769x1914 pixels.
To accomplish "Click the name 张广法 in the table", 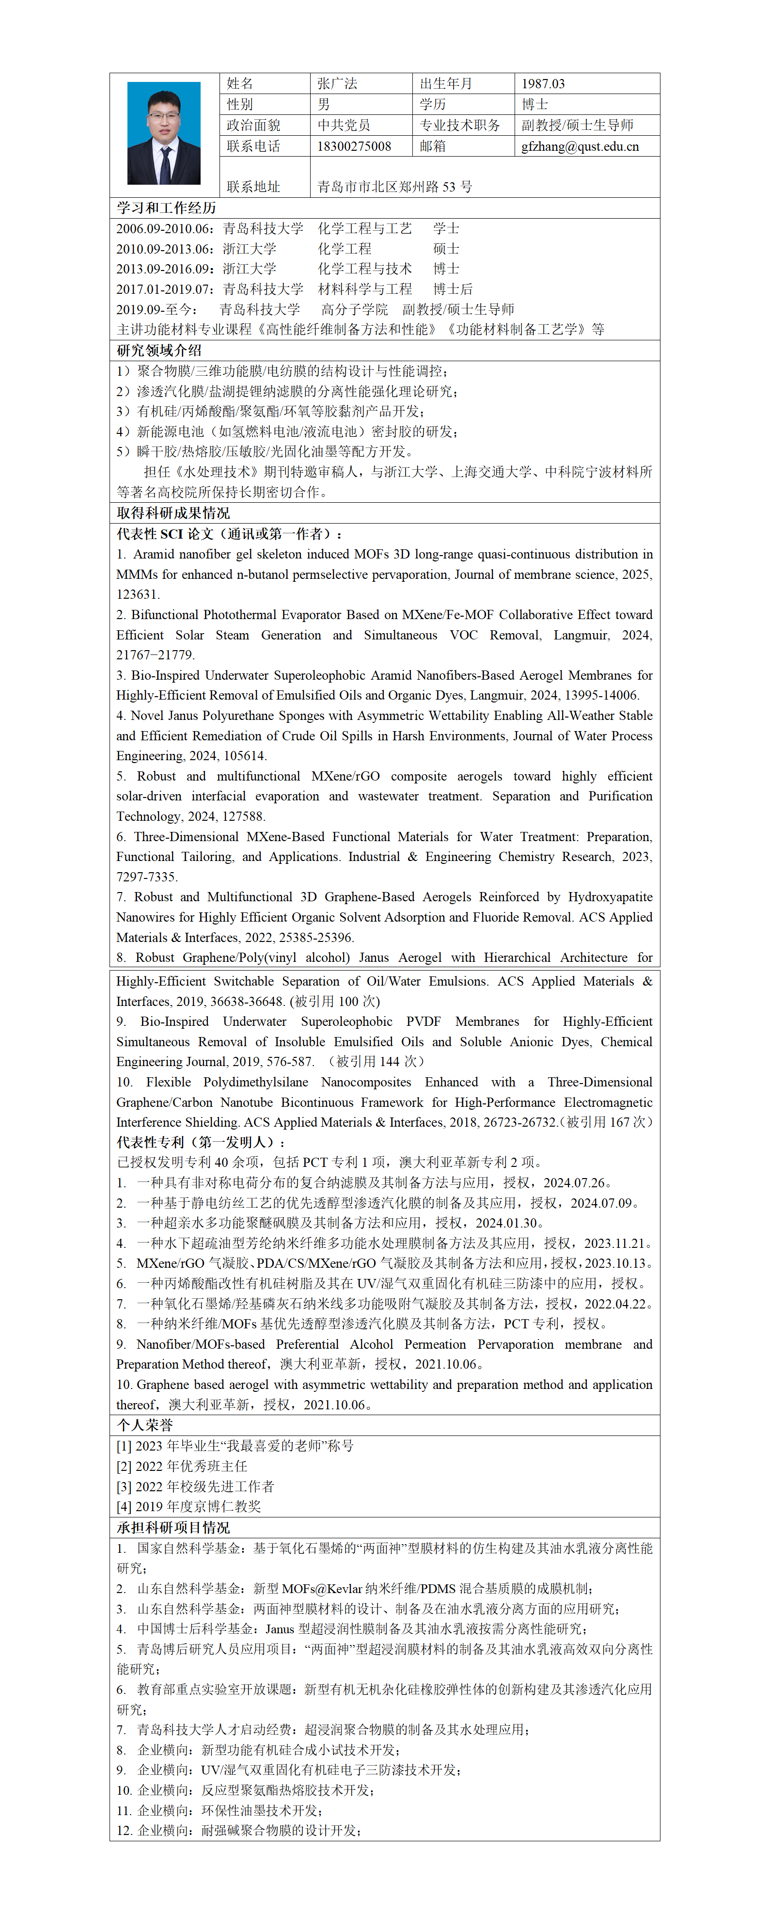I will pyautogui.click(x=337, y=84).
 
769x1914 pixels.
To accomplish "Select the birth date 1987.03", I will pyautogui.click(x=543, y=84).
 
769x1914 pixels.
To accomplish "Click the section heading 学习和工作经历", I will pyautogui.click(x=166, y=208).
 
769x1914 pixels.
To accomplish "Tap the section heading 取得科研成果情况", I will pyautogui.click(x=173, y=513).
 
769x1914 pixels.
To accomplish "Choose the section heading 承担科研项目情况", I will pyautogui.click(x=173, y=1528).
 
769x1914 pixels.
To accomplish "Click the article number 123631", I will pyautogui.click(x=138, y=594).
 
